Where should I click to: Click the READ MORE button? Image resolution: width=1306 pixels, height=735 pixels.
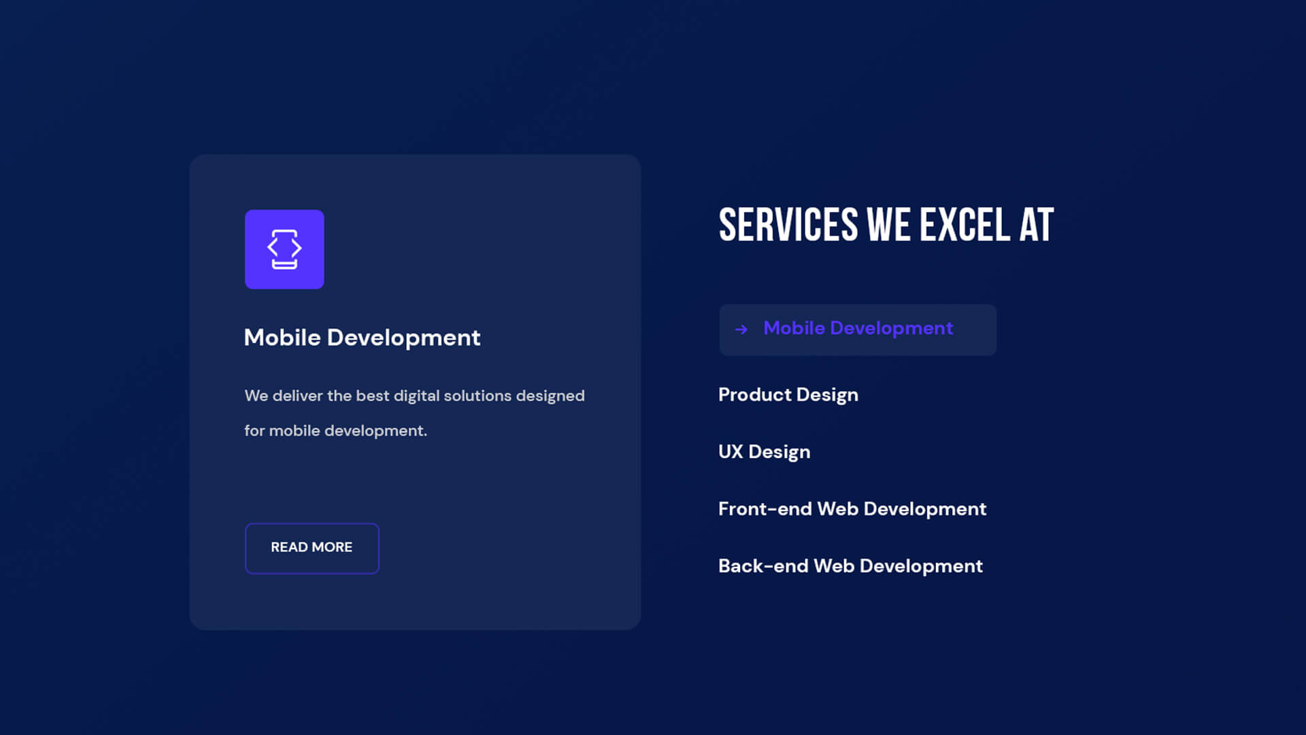point(312,548)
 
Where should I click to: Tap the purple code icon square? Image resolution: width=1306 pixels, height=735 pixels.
point(284,249)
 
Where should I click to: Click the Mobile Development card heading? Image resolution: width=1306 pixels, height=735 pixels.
point(362,338)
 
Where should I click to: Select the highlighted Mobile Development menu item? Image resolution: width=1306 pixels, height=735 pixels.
point(858,329)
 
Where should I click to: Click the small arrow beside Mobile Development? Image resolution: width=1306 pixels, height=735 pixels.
point(741,329)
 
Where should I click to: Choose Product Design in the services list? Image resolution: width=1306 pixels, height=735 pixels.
point(788,395)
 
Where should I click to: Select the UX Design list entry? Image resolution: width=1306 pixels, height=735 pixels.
point(765,452)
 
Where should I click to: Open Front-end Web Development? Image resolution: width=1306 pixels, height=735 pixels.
point(852,509)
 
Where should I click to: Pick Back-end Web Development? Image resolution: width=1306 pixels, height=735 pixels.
point(850,566)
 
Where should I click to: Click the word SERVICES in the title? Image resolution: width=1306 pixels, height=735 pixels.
point(788,225)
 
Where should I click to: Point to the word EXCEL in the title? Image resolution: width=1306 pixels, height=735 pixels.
point(965,225)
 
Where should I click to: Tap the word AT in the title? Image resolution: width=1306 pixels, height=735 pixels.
point(1037,225)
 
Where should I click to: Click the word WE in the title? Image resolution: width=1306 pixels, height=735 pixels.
point(889,225)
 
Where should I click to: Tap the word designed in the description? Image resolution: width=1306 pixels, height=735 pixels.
point(550,396)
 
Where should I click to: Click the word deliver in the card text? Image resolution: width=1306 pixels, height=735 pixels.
point(297,396)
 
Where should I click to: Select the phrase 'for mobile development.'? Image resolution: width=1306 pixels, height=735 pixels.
point(335,431)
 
